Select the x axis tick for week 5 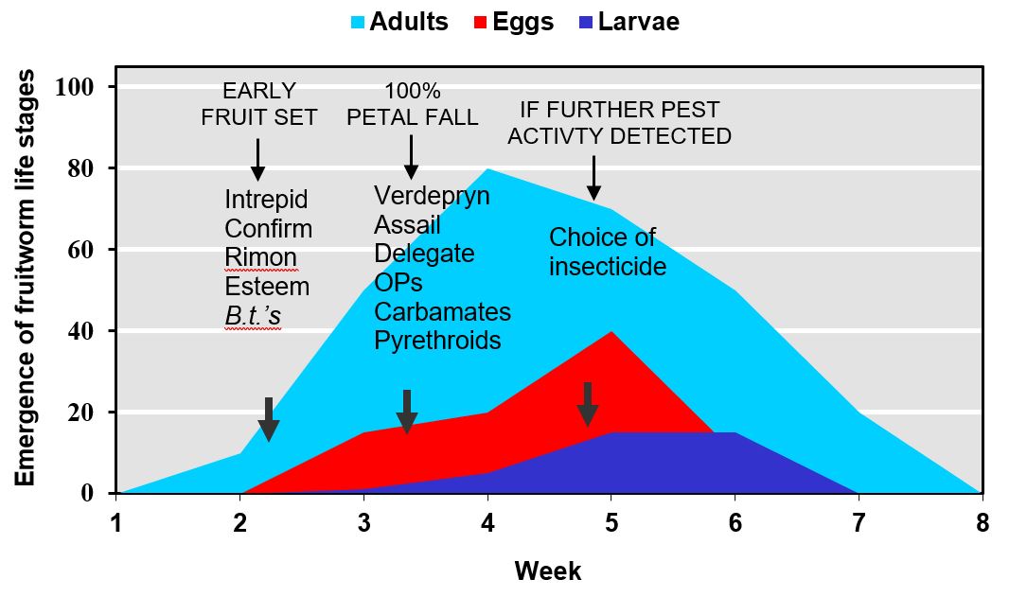click(611, 494)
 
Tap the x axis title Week click(548, 571)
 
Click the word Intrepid click(266, 201)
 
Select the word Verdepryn click(432, 196)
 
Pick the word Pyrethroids click(437, 341)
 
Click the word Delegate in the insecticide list click(424, 254)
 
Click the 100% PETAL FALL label click(411, 104)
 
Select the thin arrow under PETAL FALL click(411, 155)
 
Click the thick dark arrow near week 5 click(588, 404)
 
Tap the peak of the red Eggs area click(611, 332)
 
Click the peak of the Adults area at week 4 click(487, 169)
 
